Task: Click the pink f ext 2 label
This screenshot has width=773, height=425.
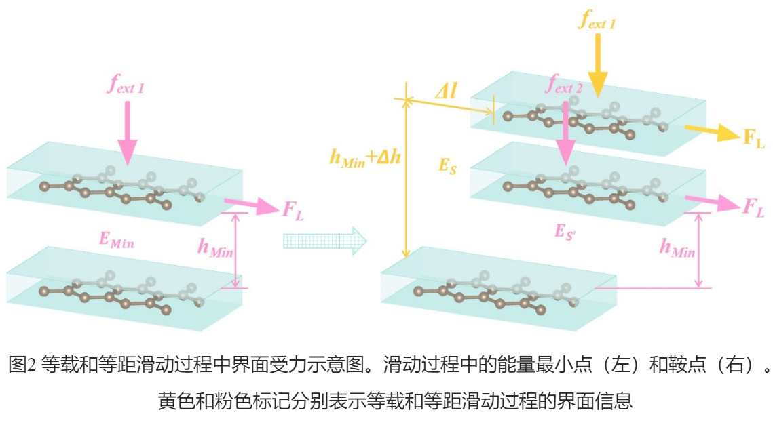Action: [x=564, y=86]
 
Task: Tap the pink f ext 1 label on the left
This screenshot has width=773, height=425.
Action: [x=126, y=86]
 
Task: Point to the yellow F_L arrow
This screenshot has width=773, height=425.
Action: [x=709, y=132]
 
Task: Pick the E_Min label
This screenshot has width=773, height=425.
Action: [x=116, y=239]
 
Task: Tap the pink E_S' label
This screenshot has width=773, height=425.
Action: [x=566, y=230]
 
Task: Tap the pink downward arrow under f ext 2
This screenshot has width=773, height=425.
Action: [x=564, y=132]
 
